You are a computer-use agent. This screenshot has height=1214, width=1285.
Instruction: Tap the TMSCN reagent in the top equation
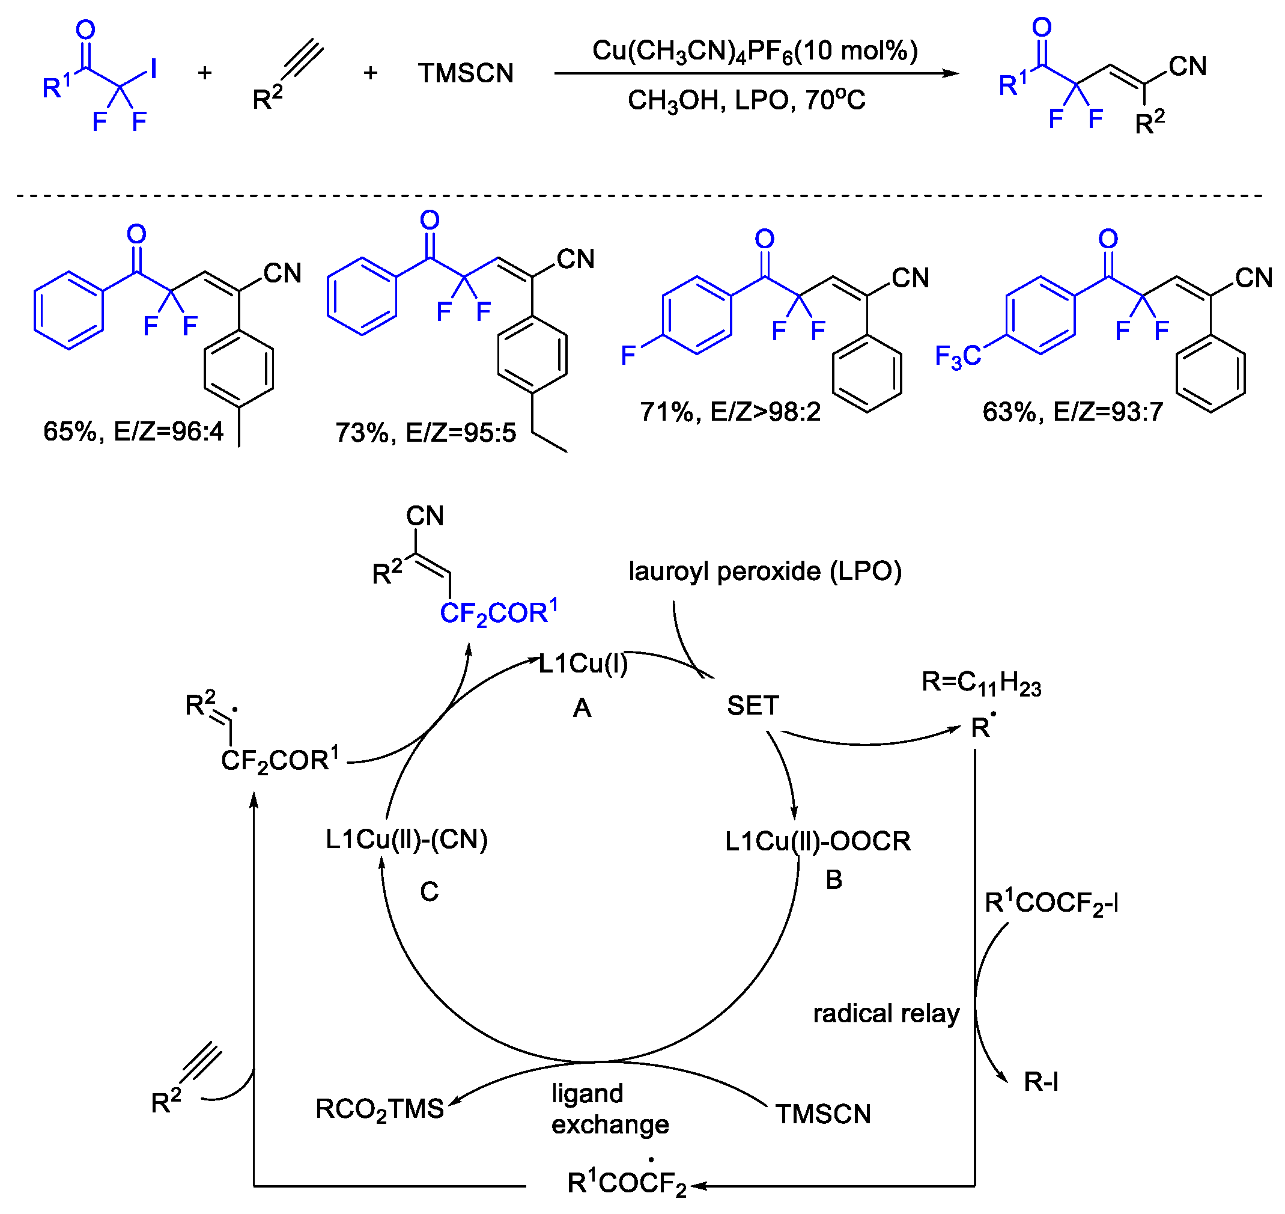[x=465, y=73]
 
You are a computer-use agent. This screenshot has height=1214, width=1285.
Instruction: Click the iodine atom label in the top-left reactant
[x=153, y=69]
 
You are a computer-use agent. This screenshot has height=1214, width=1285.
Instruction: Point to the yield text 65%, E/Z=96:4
[x=133, y=432]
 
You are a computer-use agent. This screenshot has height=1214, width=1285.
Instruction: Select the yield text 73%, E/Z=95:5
[x=425, y=433]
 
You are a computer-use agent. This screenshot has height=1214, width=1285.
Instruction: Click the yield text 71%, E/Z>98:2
[x=729, y=412]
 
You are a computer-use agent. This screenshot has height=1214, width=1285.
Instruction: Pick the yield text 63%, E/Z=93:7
[x=1072, y=412]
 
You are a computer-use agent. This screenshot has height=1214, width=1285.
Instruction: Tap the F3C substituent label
[x=957, y=356]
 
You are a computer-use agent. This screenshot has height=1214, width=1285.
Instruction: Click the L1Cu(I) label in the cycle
[x=583, y=664]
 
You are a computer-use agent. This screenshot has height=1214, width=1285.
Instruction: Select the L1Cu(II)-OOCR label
[x=817, y=841]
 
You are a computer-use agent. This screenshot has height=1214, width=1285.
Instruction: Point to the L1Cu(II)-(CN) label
[x=406, y=840]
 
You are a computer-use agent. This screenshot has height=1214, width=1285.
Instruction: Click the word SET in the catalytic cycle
[x=752, y=706]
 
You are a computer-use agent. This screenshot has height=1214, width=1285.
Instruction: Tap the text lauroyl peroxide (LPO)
[x=764, y=572]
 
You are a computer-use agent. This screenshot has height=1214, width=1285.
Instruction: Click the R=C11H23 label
[x=980, y=683]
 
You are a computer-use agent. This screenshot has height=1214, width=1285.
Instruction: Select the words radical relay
[x=886, y=1014]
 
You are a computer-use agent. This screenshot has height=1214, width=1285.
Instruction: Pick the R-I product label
[x=1040, y=1082]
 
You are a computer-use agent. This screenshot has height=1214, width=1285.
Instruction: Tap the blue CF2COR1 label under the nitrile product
[x=498, y=613]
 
